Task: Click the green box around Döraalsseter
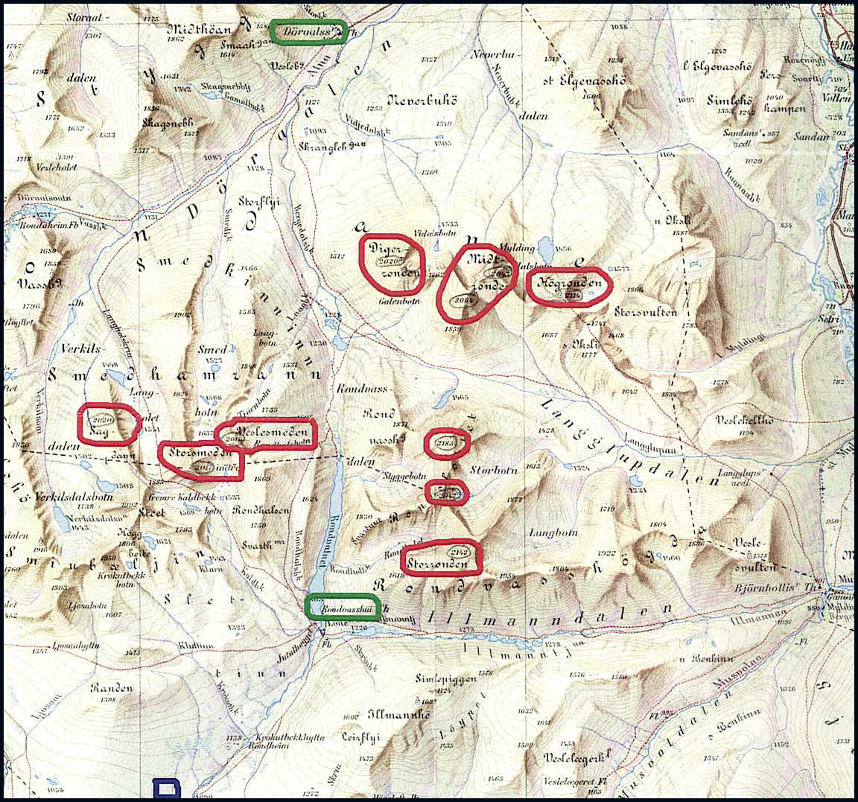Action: point(308,32)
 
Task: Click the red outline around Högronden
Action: point(569,286)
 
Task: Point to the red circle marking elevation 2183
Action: point(447,445)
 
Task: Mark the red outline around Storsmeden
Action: point(201,459)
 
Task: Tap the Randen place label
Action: point(112,688)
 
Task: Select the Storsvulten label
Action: point(646,312)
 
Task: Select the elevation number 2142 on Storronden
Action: point(458,553)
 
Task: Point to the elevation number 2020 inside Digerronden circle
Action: point(390,261)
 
